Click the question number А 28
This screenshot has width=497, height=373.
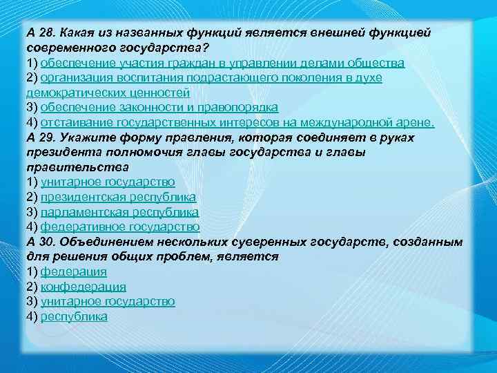(41, 32)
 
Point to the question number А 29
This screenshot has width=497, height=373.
(41, 137)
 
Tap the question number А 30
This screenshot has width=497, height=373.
(41, 242)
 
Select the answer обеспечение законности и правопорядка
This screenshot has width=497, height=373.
(159, 107)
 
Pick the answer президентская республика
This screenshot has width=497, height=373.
(118, 197)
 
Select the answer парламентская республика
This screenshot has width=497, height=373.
(119, 212)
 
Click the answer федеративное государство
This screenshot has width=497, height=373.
(120, 227)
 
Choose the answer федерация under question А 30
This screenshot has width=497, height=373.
(73, 271)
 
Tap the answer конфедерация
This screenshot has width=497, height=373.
(83, 287)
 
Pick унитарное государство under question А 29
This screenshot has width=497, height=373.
(108, 182)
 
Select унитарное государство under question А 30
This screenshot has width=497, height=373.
(108, 301)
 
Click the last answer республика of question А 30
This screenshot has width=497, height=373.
(74, 316)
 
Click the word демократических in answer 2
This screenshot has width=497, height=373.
(67, 93)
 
